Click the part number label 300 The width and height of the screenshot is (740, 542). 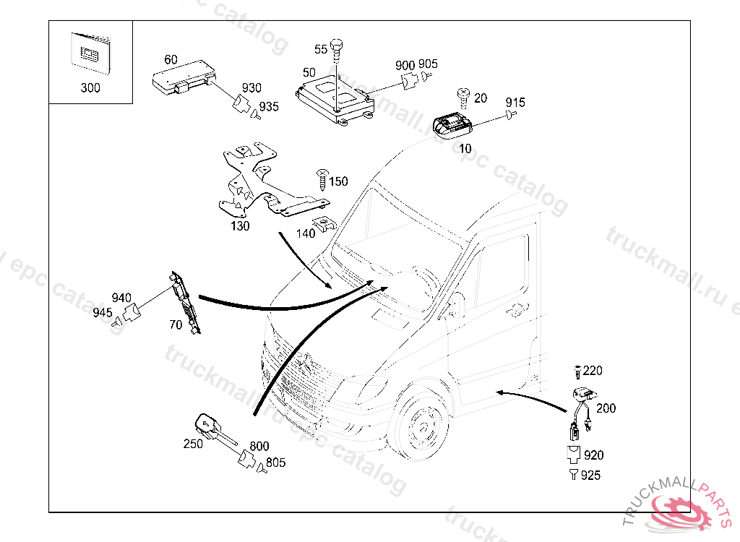[x=90, y=88]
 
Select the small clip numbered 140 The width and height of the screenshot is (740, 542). [x=324, y=224]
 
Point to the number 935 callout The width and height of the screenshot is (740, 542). [x=269, y=107]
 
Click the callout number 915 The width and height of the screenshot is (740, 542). [x=515, y=102]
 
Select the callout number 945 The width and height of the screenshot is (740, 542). [x=102, y=312]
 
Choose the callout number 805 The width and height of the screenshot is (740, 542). [x=275, y=463]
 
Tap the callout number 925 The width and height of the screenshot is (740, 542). [x=590, y=476]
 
